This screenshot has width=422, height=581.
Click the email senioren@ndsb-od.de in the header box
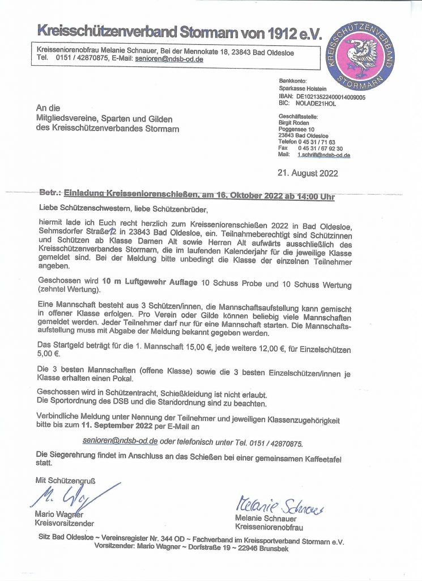[169, 58]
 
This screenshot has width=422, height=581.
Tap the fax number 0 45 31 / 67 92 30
[320, 148]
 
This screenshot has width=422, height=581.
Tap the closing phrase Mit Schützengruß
[65, 480]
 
